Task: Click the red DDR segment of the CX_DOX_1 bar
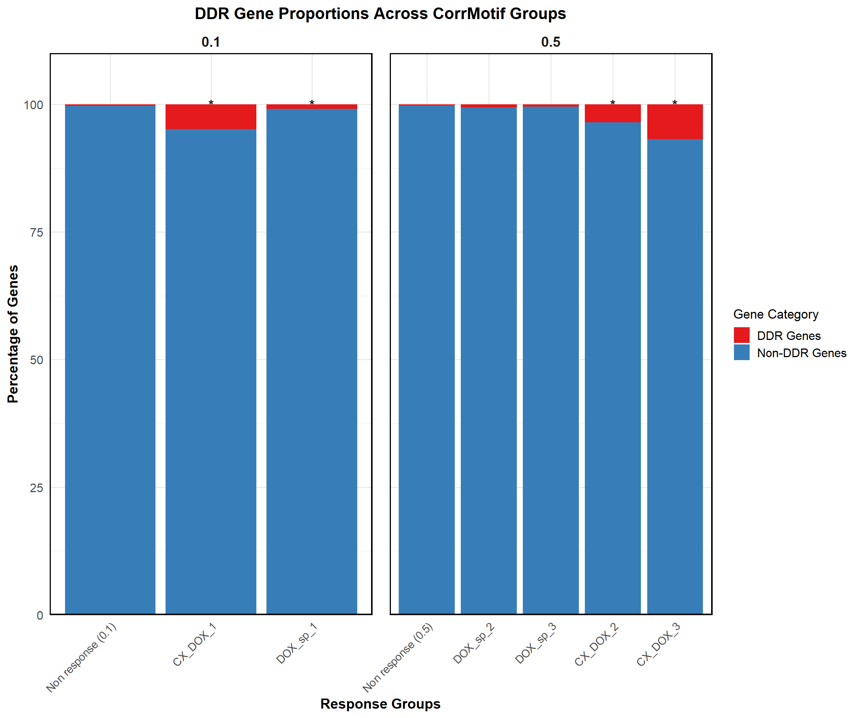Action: pos(211,117)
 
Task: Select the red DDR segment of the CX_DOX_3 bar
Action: pos(675,122)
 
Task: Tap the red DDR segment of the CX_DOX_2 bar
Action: pos(612,113)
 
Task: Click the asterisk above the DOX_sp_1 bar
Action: pos(312,103)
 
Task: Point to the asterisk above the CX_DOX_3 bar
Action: pos(675,103)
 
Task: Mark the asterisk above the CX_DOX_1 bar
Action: pos(211,103)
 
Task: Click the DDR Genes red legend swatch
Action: pos(741,335)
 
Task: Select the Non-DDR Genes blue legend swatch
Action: pos(741,352)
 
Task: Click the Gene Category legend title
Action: pos(775,314)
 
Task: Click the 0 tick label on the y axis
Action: pos(40,615)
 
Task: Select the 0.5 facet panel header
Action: pos(550,42)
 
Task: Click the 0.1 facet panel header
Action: pos(211,42)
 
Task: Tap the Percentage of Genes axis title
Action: pos(13,334)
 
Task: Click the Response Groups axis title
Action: pos(380,704)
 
